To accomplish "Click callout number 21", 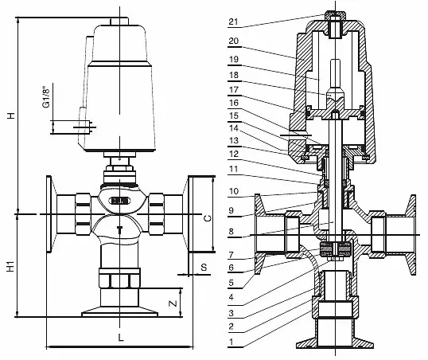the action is (233, 22).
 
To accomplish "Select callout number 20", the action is (234, 41).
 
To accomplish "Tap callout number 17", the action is (234, 90).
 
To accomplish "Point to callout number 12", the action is (234, 155).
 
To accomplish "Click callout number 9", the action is (232, 210).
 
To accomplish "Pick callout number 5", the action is (232, 283).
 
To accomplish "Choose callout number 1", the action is (232, 342).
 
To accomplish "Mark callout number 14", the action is (234, 128).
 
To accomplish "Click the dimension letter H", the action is (11, 115).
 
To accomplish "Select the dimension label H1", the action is (10, 267).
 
